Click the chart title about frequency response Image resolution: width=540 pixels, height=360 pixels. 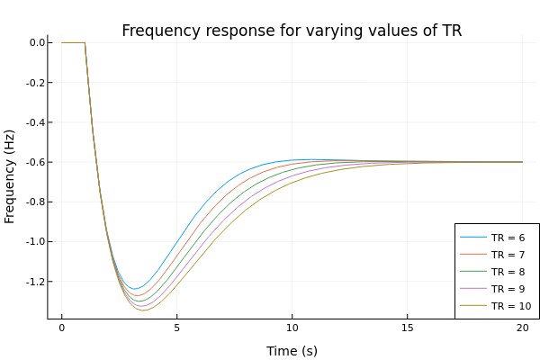point(292,31)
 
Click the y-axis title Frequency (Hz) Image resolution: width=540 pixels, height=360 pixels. point(11,175)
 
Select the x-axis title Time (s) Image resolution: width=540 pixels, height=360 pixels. point(292,351)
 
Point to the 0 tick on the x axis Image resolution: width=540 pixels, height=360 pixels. point(61,329)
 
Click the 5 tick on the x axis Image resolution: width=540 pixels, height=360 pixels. point(176,329)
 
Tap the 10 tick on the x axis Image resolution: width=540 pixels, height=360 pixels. point(292,329)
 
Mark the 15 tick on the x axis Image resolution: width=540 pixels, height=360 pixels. point(407,329)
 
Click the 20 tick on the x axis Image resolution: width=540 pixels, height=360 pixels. point(522,329)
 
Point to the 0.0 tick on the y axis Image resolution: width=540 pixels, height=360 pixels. point(37,42)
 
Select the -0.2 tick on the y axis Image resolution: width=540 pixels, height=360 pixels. point(35,83)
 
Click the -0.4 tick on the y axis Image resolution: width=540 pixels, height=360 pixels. point(35,122)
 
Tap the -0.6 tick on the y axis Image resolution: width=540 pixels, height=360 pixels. point(35,162)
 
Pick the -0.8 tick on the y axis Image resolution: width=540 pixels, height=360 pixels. point(35,202)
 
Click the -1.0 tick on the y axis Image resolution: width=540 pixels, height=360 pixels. point(35,241)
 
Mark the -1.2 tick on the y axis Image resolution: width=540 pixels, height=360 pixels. point(35,281)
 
